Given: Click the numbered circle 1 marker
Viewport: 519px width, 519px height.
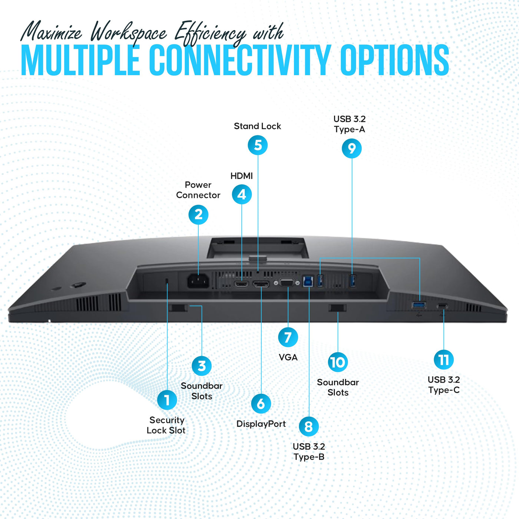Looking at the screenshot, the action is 167,400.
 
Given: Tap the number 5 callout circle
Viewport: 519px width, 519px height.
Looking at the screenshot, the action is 258,145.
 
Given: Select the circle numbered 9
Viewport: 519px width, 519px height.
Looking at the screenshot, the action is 352,148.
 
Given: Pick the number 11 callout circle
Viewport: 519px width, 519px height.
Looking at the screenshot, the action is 444,360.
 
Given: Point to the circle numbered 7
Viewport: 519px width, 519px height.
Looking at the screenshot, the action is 288,337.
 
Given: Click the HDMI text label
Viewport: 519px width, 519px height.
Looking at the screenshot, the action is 242,176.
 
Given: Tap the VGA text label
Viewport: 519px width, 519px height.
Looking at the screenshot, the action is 288,357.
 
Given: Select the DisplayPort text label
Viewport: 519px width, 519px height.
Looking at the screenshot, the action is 261,424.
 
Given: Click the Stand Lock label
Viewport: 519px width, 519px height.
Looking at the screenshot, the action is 257,126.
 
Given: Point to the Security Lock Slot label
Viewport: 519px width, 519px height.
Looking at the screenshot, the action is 166,425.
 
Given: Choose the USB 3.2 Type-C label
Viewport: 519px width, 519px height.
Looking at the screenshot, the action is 444,384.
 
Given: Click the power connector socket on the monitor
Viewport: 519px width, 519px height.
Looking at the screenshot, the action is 198,281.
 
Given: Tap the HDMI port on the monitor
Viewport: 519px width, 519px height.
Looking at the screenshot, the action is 241,284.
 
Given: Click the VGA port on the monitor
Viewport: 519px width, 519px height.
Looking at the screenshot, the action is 287,283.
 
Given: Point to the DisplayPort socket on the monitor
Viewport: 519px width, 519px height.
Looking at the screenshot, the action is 261,284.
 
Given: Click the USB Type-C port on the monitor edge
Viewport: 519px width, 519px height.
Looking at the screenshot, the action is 442,306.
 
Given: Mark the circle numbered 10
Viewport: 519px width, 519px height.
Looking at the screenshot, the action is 338,362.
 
